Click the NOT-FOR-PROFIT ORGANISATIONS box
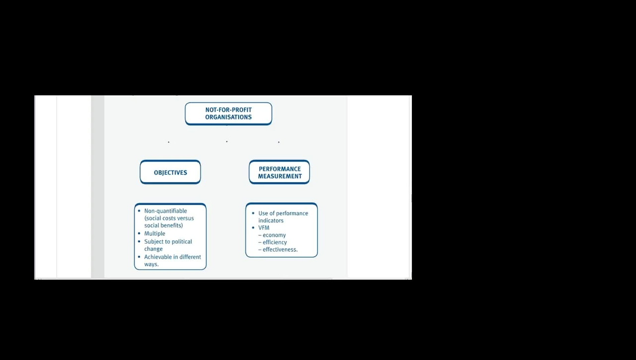228,114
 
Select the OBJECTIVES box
170,172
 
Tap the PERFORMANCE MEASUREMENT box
279,172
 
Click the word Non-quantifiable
165,211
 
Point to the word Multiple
155,233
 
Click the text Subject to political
168,241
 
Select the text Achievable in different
172,257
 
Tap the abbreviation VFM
264,227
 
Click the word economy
274,235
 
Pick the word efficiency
275,242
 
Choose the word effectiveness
280,249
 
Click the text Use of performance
283,213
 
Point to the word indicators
271,220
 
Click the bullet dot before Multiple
139,233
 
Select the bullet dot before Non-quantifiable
139,211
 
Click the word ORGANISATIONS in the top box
229,117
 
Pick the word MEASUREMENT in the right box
280,176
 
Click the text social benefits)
163,225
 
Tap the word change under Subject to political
154,249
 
